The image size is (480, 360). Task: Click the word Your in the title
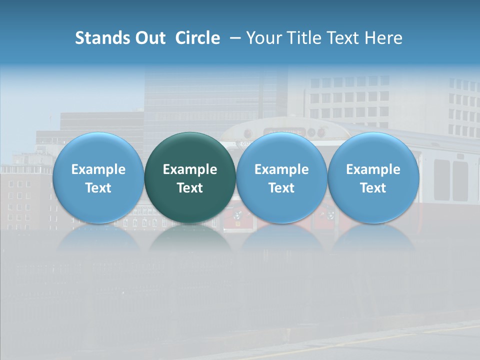coord(262,38)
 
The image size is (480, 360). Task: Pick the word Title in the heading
coord(300,38)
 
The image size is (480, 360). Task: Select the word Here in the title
coord(383,38)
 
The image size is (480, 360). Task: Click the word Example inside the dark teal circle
coord(190,169)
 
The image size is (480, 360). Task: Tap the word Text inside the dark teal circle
coord(190,188)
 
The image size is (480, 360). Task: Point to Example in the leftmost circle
coord(98,169)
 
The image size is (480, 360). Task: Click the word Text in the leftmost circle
coord(98,188)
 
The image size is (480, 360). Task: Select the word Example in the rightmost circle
coord(373,169)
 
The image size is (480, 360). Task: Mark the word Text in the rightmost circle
coord(373,188)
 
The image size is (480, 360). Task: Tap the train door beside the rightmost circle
coord(442,180)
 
